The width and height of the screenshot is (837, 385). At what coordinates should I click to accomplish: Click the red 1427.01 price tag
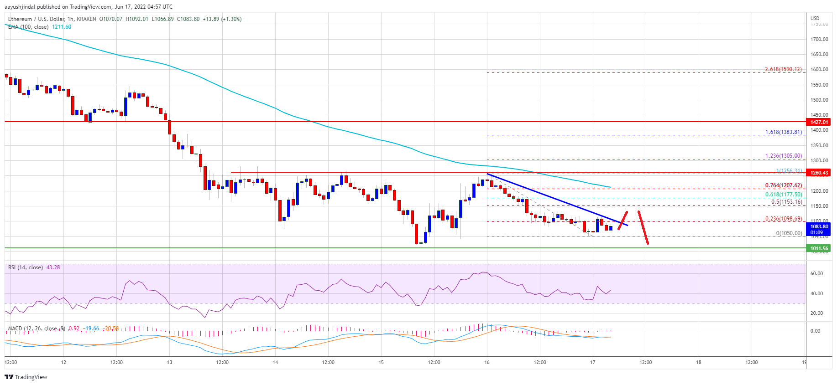[819, 122]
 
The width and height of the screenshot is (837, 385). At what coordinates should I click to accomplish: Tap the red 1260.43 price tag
[819, 173]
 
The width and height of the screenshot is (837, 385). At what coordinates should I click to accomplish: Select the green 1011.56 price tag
[819, 249]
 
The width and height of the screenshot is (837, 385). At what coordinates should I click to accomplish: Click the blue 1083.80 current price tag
[819, 227]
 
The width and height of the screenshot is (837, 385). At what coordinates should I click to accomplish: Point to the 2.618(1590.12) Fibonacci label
[783, 70]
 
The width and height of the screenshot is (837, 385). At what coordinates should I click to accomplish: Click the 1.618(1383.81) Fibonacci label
[783, 133]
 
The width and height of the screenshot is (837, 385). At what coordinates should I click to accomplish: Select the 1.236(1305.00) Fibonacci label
[783, 156]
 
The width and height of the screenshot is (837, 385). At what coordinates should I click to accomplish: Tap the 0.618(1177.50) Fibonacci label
[783, 195]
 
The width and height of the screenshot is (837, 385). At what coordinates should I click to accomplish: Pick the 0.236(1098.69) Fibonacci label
[783, 219]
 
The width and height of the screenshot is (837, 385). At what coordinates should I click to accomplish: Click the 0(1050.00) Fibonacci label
[789, 233]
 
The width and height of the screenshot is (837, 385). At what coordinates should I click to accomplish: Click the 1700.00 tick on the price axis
[819, 39]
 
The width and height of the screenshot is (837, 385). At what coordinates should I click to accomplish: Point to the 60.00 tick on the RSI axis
[816, 274]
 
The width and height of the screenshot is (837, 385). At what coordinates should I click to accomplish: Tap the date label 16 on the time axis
[487, 363]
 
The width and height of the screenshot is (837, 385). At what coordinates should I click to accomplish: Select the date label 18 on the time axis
[698, 363]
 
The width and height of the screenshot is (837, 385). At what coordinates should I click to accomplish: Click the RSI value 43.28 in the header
[53, 267]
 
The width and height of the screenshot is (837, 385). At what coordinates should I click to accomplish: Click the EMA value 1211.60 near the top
[62, 27]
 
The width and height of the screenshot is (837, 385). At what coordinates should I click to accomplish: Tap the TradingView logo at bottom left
[26, 377]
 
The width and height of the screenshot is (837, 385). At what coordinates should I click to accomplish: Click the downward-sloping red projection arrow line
[643, 228]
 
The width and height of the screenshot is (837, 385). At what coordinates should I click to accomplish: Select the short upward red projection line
[623, 221]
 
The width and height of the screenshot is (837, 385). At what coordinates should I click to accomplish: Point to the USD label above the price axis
[815, 19]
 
